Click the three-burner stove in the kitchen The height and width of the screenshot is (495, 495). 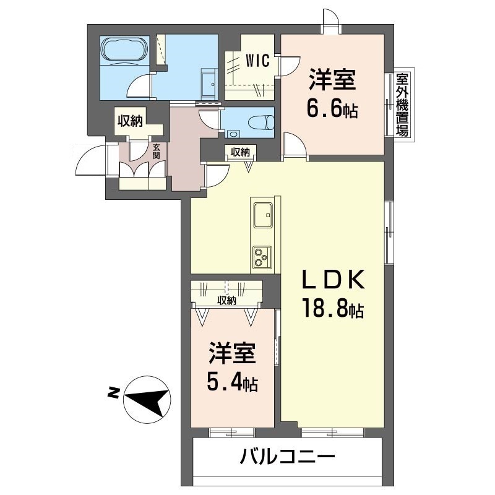click(x=262, y=254)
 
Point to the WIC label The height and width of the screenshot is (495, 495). click(x=256, y=61)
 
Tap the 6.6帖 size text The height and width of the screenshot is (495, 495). click(x=332, y=109)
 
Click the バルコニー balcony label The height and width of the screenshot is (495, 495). click(x=288, y=458)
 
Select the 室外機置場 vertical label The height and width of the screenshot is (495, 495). click(x=402, y=105)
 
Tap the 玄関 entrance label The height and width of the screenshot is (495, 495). click(x=157, y=151)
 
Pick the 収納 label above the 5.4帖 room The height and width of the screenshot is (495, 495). click(x=226, y=301)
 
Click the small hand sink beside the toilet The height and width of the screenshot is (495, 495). click(x=233, y=132)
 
